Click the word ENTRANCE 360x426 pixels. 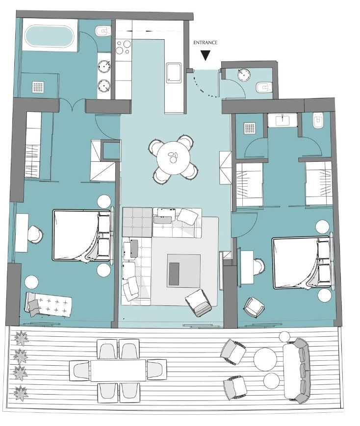point(206,42)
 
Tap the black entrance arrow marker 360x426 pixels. point(206,56)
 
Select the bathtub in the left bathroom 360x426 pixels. point(49,37)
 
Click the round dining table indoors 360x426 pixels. point(174,158)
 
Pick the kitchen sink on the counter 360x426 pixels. point(174,72)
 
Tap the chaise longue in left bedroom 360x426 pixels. point(49,304)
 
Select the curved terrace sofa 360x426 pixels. point(296,370)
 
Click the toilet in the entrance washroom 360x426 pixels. point(263,87)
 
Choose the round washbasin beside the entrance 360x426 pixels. point(244,75)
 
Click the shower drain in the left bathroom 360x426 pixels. point(38,87)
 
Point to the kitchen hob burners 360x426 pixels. point(124,47)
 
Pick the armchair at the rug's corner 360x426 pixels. point(199,303)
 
